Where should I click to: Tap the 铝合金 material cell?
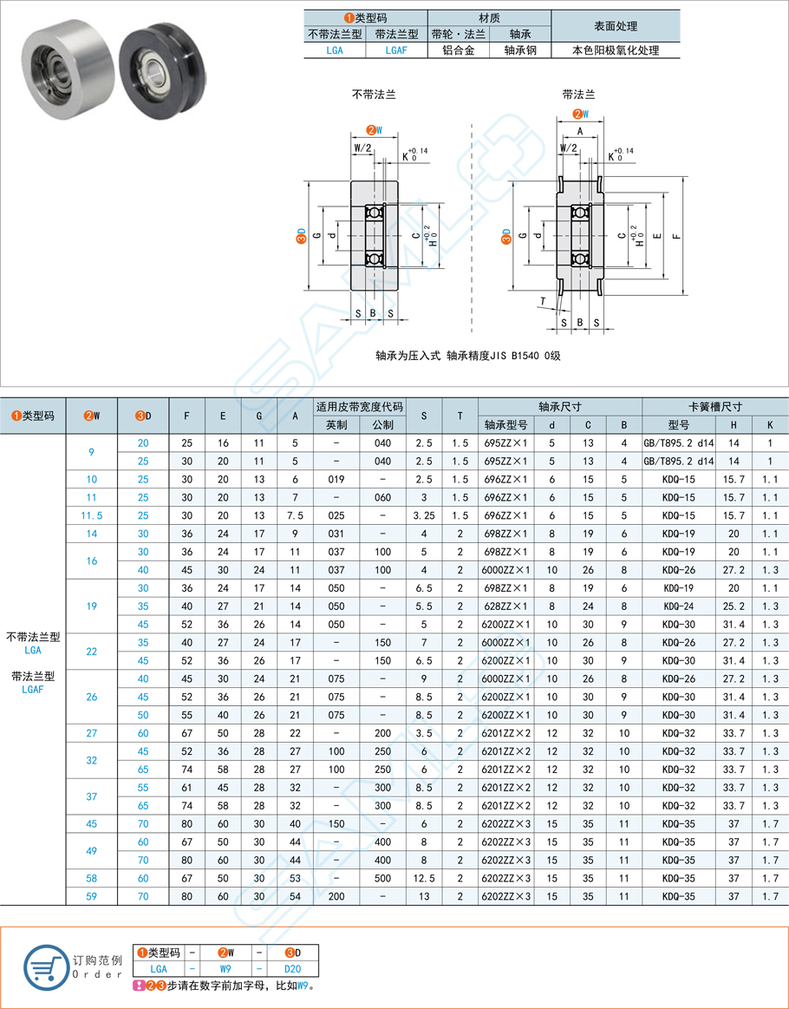(459, 50)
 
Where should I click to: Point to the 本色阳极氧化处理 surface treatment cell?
(616, 50)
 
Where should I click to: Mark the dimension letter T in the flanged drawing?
(543, 301)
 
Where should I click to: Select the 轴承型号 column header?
(505, 425)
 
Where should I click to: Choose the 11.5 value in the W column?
(91, 515)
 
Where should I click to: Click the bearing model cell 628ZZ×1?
(505, 606)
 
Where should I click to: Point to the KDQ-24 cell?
(678, 606)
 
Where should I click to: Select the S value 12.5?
(424, 879)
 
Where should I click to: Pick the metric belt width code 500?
(382, 879)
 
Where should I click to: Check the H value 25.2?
(734, 606)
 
